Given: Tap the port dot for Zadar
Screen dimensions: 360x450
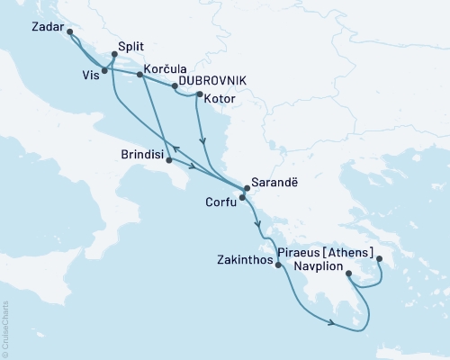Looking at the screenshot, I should (x=70, y=32).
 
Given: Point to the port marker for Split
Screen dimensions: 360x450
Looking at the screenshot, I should (x=112, y=54).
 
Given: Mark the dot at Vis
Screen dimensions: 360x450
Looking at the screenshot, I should (x=105, y=70).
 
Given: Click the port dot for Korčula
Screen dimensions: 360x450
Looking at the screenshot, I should (x=139, y=76).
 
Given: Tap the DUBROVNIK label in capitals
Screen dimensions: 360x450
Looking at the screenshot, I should (x=212, y=79).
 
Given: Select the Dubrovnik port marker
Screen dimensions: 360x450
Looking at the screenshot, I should (x=174, y=86).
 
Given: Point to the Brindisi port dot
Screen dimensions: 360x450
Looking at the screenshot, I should (x=168, y=160).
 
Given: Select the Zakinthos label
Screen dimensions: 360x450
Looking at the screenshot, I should (x=243, y=265).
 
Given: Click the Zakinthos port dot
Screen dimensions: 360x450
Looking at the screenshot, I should (x=276, y=265).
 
